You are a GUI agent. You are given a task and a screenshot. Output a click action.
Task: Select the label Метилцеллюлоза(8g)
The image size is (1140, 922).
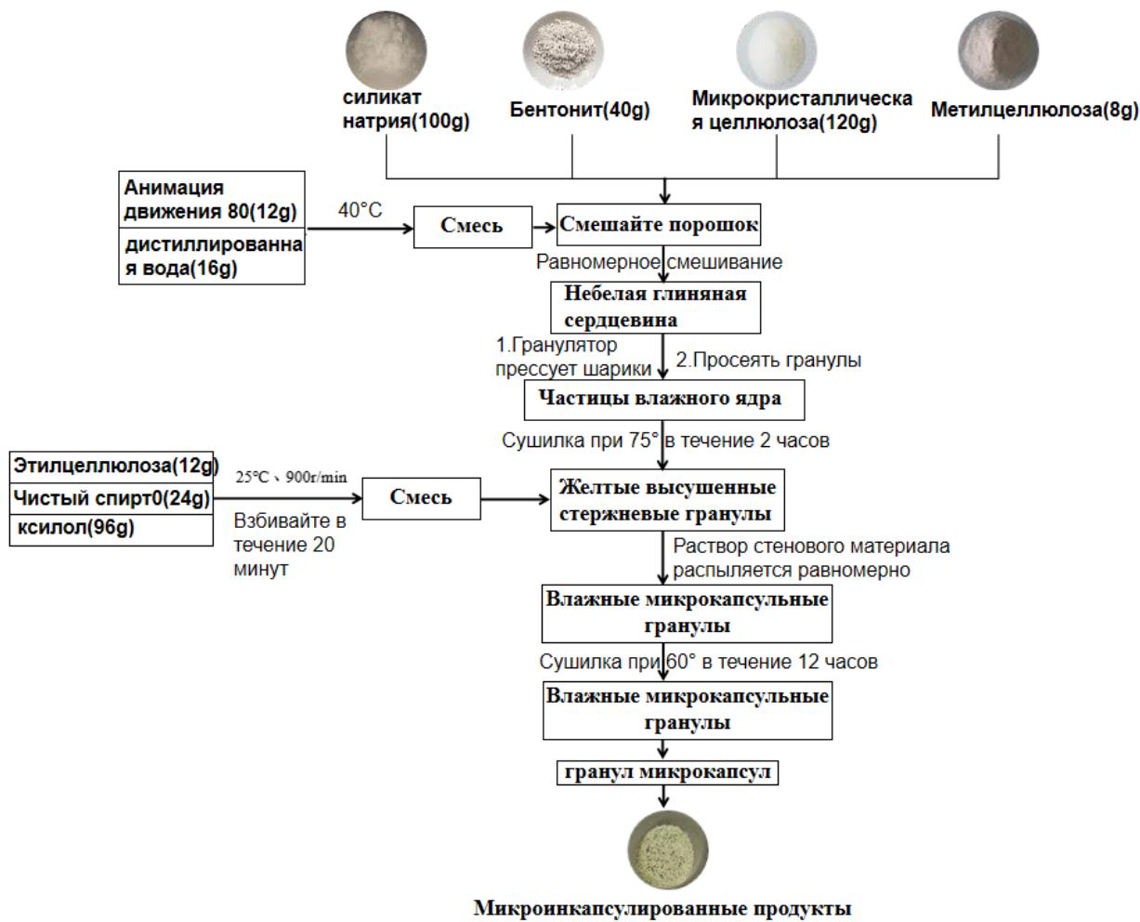[x=1034, y=111]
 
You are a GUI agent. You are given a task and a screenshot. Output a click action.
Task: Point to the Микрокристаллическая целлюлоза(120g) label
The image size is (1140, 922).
[x=801, y=111]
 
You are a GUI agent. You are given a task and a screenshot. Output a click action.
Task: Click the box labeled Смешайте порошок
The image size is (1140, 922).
[x=659, y=225]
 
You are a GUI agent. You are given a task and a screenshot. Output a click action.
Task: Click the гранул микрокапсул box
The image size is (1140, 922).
[x=665, y=771]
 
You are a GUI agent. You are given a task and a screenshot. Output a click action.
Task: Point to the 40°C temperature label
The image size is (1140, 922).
[x=360, y=211]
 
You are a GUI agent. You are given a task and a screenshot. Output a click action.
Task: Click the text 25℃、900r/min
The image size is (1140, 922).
[x=291, y=478]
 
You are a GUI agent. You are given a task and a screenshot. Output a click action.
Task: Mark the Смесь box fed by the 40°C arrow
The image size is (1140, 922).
[x=471, y=227]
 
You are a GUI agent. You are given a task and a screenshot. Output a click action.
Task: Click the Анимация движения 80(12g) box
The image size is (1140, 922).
[x=213, y=200]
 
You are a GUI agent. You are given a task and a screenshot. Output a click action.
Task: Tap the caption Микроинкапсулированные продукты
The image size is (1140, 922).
[x=662, y=906]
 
